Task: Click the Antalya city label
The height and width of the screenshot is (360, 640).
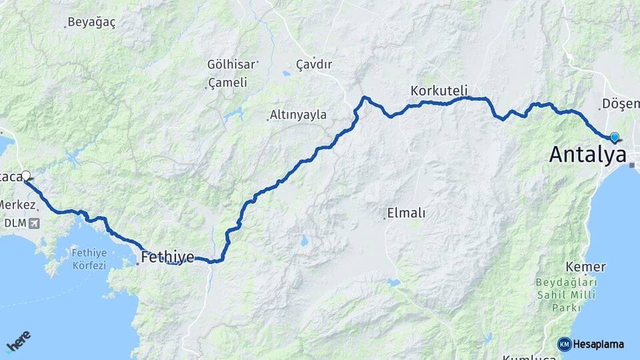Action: [587, 155]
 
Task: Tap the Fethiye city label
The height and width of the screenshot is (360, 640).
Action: [167, 257]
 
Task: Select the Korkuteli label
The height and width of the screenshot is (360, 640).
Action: [439, 90]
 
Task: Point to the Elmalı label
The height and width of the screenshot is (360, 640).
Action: [407, 213]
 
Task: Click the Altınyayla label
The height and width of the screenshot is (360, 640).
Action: [299, 115]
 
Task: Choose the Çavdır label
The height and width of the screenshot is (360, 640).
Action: [314, 65]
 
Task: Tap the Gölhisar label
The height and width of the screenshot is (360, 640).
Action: [231, 65]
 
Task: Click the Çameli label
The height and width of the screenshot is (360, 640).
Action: [227, 83]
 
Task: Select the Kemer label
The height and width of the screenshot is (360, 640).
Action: [585, 267]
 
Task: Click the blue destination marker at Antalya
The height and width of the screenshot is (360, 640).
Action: [614, 137]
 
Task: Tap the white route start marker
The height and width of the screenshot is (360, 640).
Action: [26, 176]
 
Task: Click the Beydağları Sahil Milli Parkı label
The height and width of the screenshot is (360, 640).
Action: [566, 295]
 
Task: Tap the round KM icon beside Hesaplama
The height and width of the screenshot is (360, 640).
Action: [564, 344]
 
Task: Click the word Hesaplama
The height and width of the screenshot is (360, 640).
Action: [599, 345]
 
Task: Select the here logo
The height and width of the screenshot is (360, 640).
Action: [18, 341]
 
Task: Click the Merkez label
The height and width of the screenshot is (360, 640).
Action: [17, 204]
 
